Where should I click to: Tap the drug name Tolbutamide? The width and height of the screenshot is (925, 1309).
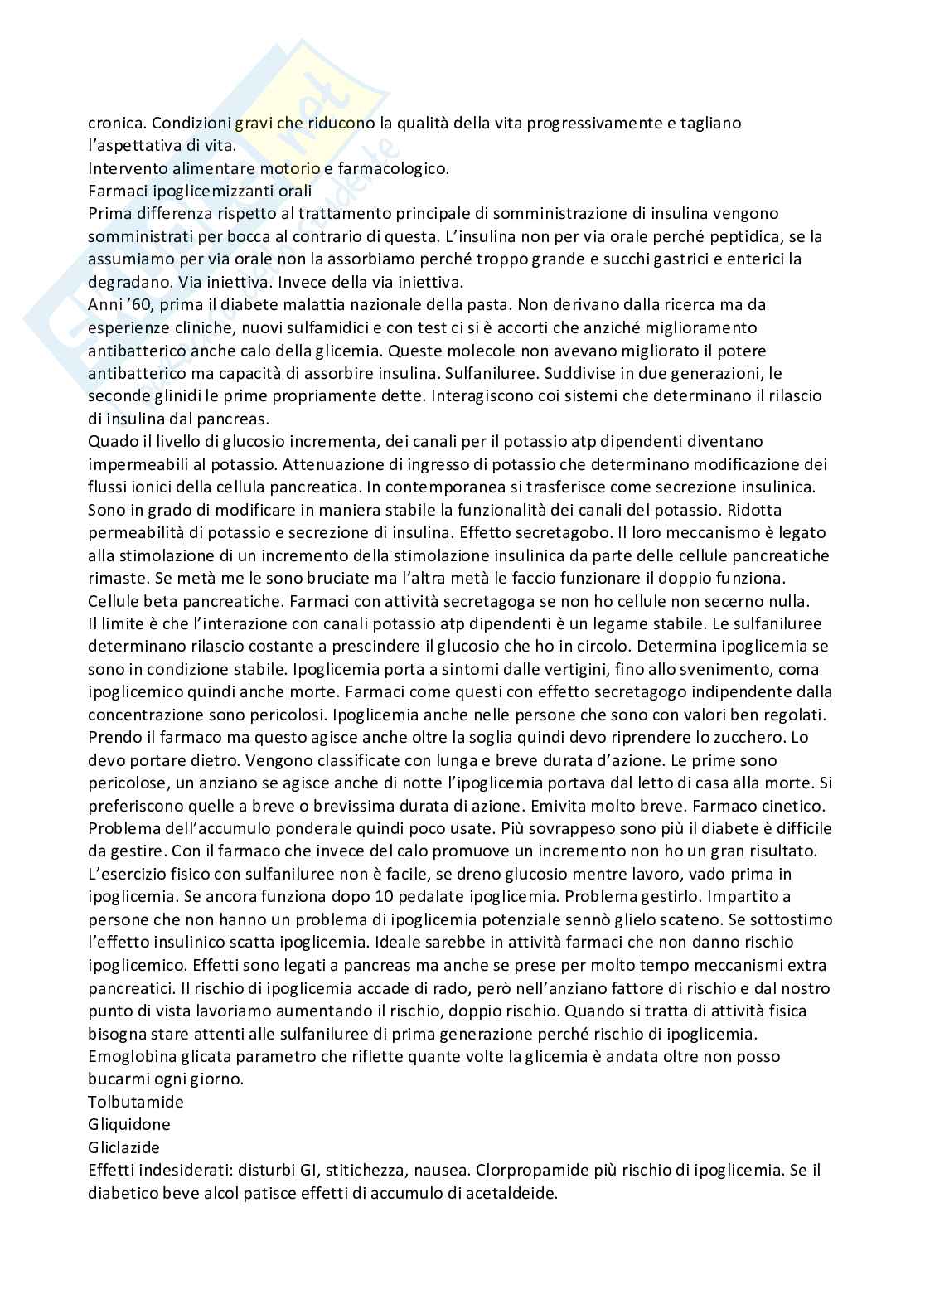136,1102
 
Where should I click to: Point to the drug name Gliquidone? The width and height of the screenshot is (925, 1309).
129,1124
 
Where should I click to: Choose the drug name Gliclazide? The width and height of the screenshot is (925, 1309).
124,1147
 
